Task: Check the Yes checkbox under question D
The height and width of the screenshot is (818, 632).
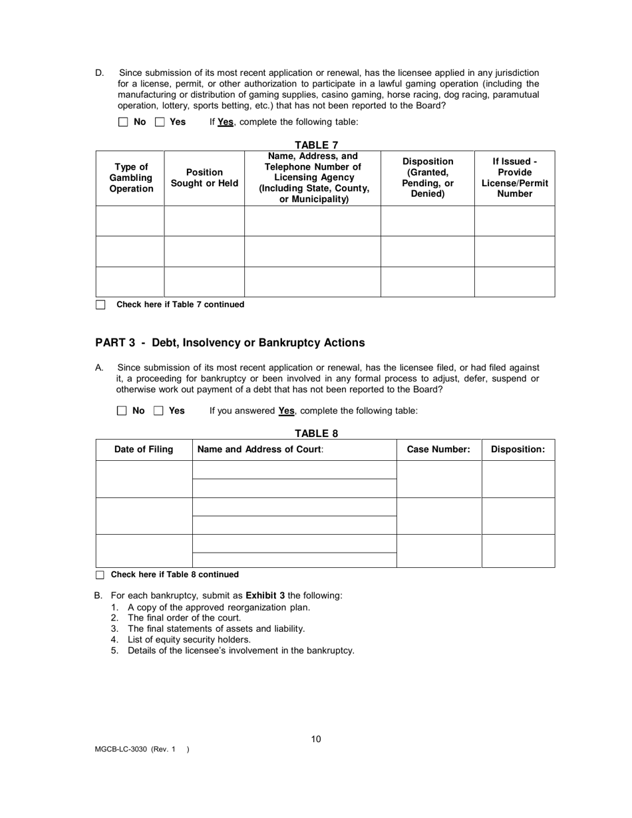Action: pos(160,122)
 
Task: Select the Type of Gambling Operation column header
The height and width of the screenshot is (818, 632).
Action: pos(130,178)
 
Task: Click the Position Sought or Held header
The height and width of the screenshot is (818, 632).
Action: pos(204,178)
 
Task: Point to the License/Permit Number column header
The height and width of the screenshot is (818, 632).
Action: pos(515,178)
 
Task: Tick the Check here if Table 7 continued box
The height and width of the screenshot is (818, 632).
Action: pos(100,305)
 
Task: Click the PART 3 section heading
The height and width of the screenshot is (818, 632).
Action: pos(230,343)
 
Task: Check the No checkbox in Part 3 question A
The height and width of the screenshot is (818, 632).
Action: pos(122,411)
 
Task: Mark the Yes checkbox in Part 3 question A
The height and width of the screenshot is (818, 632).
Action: pos(159,411)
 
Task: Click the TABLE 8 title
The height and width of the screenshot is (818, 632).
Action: pos(317,434)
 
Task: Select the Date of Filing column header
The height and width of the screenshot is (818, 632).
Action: pos(144,450)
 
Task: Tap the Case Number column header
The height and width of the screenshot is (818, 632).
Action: pos(438,450)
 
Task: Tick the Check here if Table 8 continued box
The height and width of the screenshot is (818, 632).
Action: pos(100,575)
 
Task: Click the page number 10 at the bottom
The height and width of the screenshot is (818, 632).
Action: pos(316,739)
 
